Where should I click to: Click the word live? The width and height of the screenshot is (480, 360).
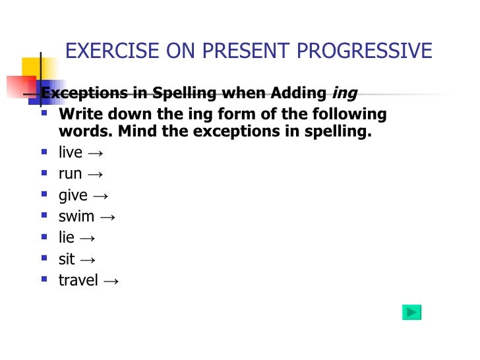coord(70,152)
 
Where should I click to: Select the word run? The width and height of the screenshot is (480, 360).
coord(70,174)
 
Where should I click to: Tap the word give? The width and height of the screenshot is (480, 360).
coord(73,195)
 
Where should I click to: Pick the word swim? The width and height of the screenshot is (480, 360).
coord(76,216)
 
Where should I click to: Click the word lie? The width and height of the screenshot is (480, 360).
coord(66,237)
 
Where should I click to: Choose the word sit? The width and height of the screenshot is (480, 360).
coord(67,259)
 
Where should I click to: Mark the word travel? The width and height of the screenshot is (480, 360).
coord(78,280)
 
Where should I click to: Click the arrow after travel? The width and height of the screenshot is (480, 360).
coord(111,281)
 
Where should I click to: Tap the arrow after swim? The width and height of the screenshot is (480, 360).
coord(107,217)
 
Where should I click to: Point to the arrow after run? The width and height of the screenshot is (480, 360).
coord(94,175)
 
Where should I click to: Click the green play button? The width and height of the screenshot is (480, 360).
coord(411,313)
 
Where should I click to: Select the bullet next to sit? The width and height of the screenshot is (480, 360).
coord(44,259)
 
